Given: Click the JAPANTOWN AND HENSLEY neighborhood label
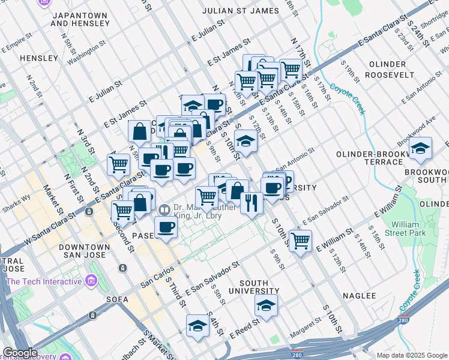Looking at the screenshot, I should pos(80,19).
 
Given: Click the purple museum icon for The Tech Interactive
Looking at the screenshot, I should pos(91,280).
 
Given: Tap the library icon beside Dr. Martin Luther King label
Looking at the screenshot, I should pos(164,210).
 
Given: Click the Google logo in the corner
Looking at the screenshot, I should pos(20,353).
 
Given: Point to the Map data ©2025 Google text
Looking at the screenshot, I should pos(411,355).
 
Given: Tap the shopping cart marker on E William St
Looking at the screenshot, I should pos(300,240).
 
